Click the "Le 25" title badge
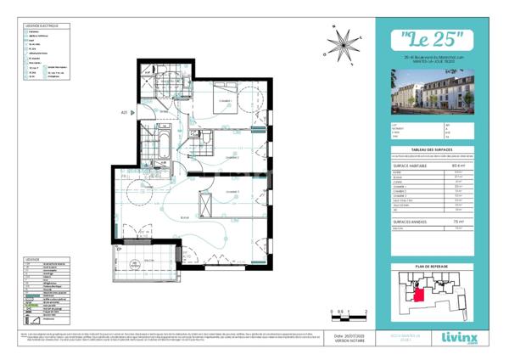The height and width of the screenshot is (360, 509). [x=430, y=39]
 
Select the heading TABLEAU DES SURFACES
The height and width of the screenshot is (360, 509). [x=430, y=148]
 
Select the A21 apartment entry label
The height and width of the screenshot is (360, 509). [x=125, y=112]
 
